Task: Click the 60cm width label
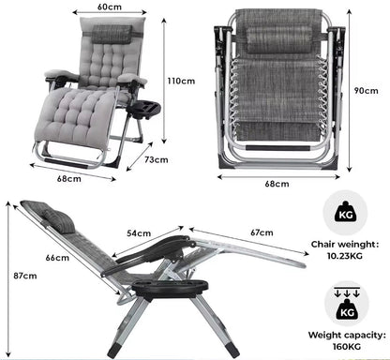(x=110, y=7)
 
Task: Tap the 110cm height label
(x=181, y=81)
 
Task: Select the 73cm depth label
(x=157, y=159)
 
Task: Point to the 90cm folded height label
(x=366, y=91)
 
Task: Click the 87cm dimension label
(x=25, y=276)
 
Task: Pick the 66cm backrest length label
(x=57, y=258)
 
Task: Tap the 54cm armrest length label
(x=139, y=233)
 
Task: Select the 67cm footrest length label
(x=262, y=232)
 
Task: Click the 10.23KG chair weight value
(x=345, y=256)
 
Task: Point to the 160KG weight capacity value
(x=347, y=346)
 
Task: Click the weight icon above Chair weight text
(x=345, y=212)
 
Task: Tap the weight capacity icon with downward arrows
(x=347, y=304)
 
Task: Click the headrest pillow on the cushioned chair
(x=112, y=34)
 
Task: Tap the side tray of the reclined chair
(x=170, y=289)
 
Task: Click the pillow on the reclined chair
(x=59, y=221)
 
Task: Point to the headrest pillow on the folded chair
(x=279, y=39)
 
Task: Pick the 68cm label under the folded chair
(x=277, y=184)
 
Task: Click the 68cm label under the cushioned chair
(x=68, y=179)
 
